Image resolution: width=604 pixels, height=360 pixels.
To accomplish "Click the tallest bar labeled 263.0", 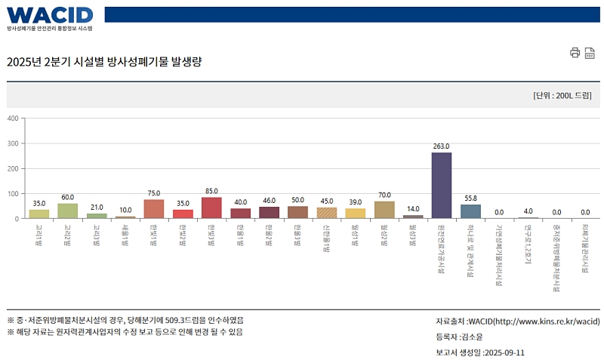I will [x=442, y=186].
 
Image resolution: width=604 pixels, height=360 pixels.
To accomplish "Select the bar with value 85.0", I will [x=211, y=208].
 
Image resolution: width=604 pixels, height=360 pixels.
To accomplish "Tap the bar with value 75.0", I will [x=154, y=209].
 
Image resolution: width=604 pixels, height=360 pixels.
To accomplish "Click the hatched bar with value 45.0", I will [x=327, y=213].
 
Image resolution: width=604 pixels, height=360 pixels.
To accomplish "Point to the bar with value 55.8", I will [x=470, y=211].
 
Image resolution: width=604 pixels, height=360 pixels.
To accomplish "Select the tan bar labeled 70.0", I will [x=384, y=210].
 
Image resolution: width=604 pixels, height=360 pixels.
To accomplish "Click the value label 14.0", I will [x=413, y=209].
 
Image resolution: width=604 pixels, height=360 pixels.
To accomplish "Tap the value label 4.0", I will [x=528, y=211].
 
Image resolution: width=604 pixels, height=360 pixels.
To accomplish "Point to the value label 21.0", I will [x=97, y=208].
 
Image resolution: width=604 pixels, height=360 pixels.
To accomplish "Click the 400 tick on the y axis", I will [x=13, y=118].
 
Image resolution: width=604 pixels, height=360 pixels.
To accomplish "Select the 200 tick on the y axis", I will [x=13, y=168].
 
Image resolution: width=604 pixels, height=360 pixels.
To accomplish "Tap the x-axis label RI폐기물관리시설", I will [x=585, y=248].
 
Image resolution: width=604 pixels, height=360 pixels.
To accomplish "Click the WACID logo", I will [x=50, y=14].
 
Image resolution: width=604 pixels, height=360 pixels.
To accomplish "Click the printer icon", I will [x=575, y=52].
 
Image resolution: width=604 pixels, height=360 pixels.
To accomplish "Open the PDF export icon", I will [x=590, y=52].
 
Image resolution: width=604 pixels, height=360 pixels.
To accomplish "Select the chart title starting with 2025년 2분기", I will [x=104, y=61].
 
